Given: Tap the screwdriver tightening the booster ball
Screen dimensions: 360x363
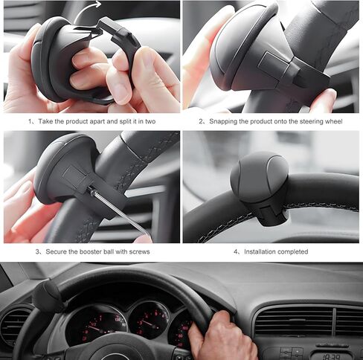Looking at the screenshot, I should pyautogui.click(x=112, y=204).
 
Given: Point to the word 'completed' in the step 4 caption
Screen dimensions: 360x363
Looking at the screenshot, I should pyautogui.click(x=291, y=252).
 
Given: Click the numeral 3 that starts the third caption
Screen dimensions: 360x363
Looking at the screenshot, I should pyautogui.click(x=37, y=252).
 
